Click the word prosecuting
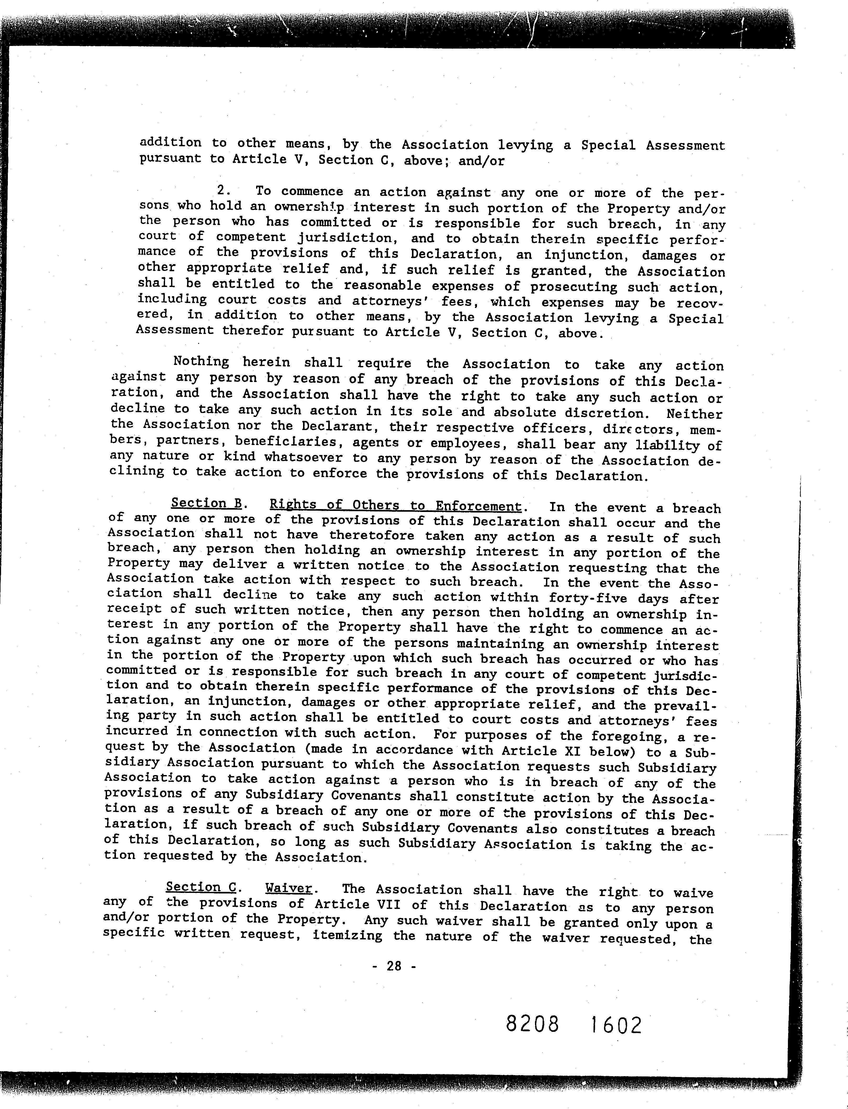click(x=573, y=287)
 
